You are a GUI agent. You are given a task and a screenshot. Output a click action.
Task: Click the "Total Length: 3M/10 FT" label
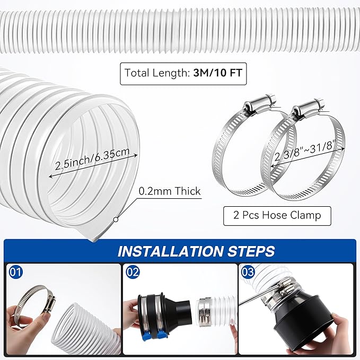pyautogui.click(x=183, y=73)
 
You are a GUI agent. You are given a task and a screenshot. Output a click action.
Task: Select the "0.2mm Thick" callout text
pyautogui.click(x=169, y=191)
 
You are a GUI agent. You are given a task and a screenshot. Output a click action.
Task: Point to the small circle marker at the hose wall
pyautogui.click(x=115, y=218)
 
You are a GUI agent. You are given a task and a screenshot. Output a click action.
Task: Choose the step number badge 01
pyautogui.click(x=16, y=273)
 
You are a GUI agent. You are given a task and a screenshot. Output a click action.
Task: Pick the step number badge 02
pyautogui.click(x=134, y=273)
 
